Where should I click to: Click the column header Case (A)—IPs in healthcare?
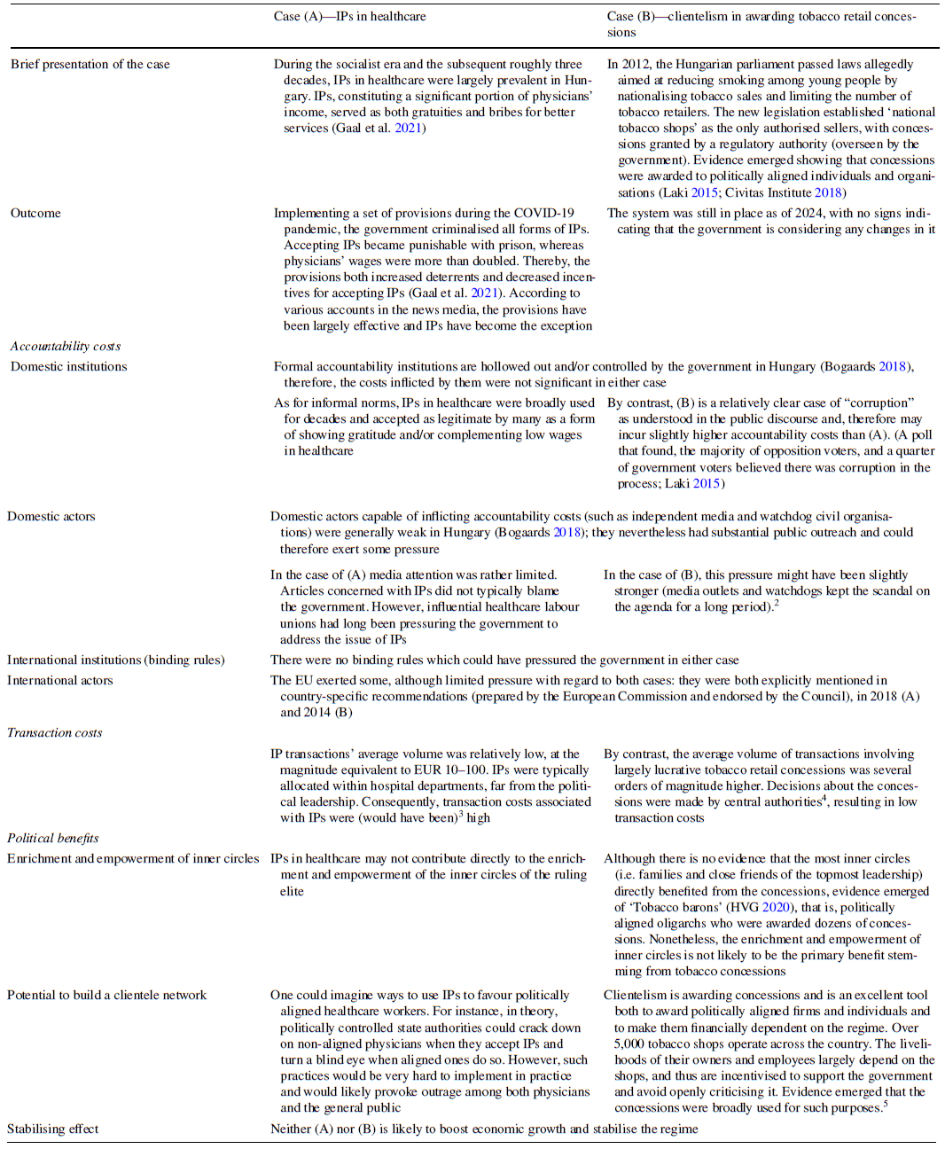pyautogui.click(x=349, y=16)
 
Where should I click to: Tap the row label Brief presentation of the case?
pyautogui.click(x=90, y=64)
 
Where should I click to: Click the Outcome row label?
pyautogui.click(x=35, y=213)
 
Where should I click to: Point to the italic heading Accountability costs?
pyautogui.click(x=65, y=346)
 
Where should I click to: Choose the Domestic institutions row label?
pyautogui.click(x=68, y=366)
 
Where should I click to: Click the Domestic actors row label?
pyautogui.click(x=51, y=516)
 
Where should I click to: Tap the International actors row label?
pyautogui.click(x=59, y=680)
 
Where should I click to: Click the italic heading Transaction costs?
pyautogui.click(x=54, y=732)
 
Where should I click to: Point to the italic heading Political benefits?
pyautogui.click(x=52, y=838)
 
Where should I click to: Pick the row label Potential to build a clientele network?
pyautogui.click(x=106, y=995)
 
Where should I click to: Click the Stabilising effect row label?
pyautogui.click(x=52, y=1129)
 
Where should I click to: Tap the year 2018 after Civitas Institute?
pyautogui.click(x=828, y=192)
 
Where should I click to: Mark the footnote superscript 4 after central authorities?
pyautogui.click(x=824, y=798)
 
